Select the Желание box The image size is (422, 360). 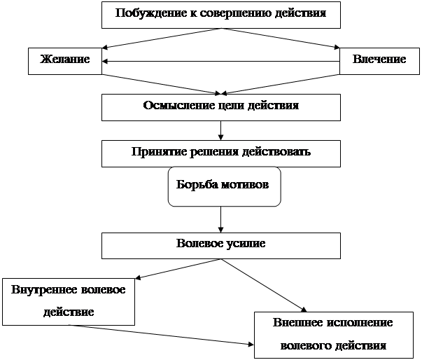click(x=65, y=60)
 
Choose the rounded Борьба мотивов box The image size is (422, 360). click(x=224, y=186)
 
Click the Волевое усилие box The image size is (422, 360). click(x=221, y=244)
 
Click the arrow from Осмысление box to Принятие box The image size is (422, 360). click(x=221, y=130)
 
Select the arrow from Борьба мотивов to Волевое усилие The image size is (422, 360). click(x=221, y=220)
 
